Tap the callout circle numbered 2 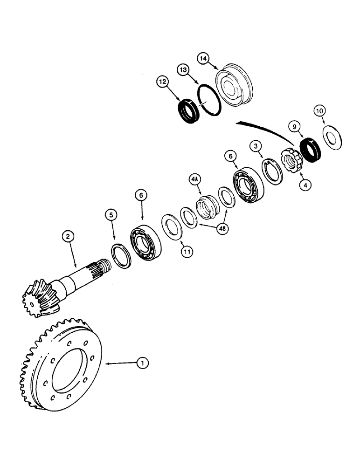[x=68, y=237]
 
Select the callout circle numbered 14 [x=203, y=59]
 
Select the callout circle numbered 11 [x=187, y=252]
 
